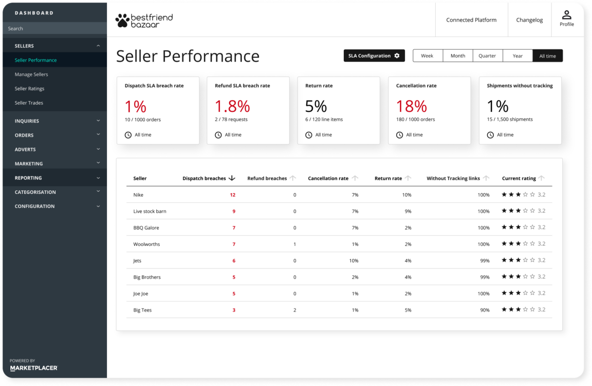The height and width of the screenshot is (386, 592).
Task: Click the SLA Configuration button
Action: [374, 56]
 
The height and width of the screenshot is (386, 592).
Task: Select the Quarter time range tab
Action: [487, 56]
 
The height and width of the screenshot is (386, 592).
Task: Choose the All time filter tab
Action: [547, 56]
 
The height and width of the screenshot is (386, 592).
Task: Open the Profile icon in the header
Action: [566, 16]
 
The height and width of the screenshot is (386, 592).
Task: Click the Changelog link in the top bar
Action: [529, 20]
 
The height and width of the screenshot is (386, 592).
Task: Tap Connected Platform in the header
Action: [471, 20]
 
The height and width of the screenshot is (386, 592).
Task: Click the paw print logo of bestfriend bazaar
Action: [121, 20]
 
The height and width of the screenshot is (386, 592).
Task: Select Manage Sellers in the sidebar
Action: [32, 74]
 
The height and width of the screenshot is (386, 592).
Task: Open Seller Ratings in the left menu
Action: [30, 89]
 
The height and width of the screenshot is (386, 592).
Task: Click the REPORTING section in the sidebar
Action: [28, 178]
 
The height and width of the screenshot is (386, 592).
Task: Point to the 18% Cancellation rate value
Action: [411, 106]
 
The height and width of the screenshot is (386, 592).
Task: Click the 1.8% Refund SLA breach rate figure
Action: [232, 106]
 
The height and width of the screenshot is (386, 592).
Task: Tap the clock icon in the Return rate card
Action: [309, 135]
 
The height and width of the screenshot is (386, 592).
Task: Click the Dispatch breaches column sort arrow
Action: [232, 178]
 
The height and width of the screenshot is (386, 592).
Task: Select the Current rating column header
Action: [518, 178]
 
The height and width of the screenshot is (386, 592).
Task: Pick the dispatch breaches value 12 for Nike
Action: [232, 195]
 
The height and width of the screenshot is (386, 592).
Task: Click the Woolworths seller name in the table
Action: [147, 244]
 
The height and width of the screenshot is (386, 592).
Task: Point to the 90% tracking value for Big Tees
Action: [484, 310]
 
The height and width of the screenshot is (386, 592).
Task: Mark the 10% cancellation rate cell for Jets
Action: [353, 261]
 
